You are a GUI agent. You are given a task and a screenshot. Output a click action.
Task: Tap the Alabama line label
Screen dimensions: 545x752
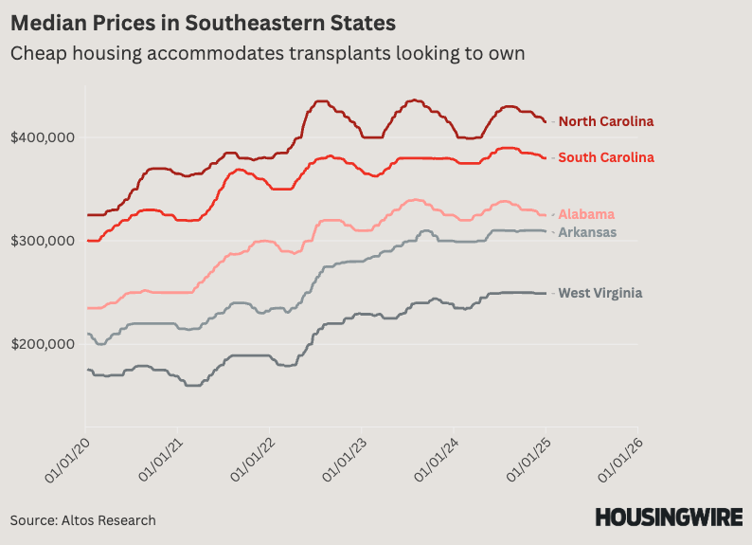(586, 214)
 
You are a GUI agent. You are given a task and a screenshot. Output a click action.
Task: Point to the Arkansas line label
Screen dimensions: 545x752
(587, 232)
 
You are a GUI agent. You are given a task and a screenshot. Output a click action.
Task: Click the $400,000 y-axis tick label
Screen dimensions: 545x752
(44, 137)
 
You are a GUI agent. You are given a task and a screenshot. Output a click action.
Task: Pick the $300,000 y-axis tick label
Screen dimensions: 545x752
(44, 241)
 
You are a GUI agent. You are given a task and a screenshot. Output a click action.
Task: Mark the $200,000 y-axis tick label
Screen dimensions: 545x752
(44, 344)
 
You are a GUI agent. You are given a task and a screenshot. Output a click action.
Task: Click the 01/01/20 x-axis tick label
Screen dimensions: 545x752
(67, 461)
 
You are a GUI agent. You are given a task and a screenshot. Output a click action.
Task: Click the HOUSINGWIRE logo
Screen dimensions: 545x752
(668, 518)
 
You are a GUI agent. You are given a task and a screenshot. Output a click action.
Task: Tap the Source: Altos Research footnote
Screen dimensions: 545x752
(83, 520)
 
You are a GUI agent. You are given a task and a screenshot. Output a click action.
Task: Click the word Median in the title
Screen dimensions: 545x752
(48, 21)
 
